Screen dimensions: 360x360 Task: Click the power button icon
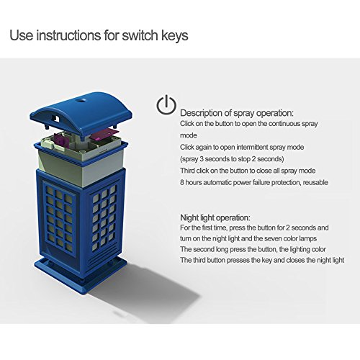click(x=166, y=104)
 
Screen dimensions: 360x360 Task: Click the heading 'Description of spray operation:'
click(x=237, y=113)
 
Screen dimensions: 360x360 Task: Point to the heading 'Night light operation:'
click(x=215, y=218)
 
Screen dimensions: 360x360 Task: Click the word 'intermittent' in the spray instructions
click(x=252, y=147)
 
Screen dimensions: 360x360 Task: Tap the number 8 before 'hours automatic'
click(x=182, y=182)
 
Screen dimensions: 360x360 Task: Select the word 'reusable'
click(x=315, y=182)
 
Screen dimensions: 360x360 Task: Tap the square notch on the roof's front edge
click(x=57, y=118)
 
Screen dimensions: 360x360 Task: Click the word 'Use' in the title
click(x=21, y=35)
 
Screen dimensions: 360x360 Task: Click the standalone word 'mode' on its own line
click(x=189, y=135)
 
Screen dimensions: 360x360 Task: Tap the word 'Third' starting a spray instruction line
click(x=187, y=171)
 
